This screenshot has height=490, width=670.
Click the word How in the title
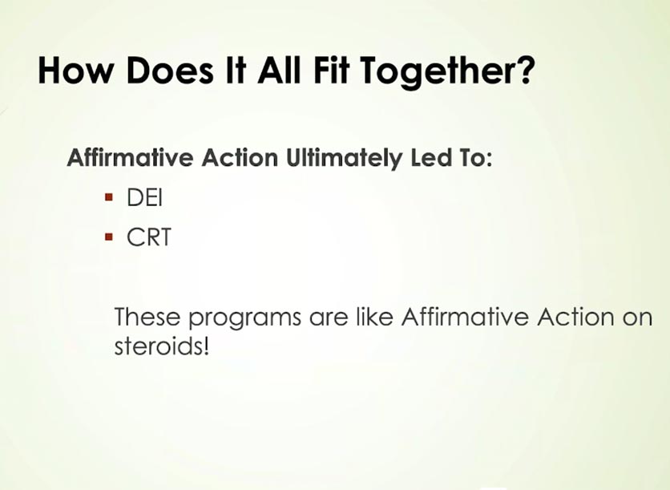74,70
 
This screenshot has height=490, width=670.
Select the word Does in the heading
169,70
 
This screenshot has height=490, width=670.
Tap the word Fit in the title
330,70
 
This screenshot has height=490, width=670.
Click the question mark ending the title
527,70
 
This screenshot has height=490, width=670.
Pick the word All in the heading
279,70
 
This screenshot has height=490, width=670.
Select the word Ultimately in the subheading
344,159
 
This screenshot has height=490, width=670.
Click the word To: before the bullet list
476,157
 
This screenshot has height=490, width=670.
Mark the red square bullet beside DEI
109,197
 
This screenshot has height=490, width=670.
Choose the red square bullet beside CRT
109,237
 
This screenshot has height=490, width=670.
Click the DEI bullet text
145,197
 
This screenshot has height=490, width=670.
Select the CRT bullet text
149,237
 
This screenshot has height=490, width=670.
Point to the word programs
245,319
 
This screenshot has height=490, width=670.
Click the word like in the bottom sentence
374,317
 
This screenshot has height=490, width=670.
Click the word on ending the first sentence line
637,319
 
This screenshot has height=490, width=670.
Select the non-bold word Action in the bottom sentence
575,317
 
